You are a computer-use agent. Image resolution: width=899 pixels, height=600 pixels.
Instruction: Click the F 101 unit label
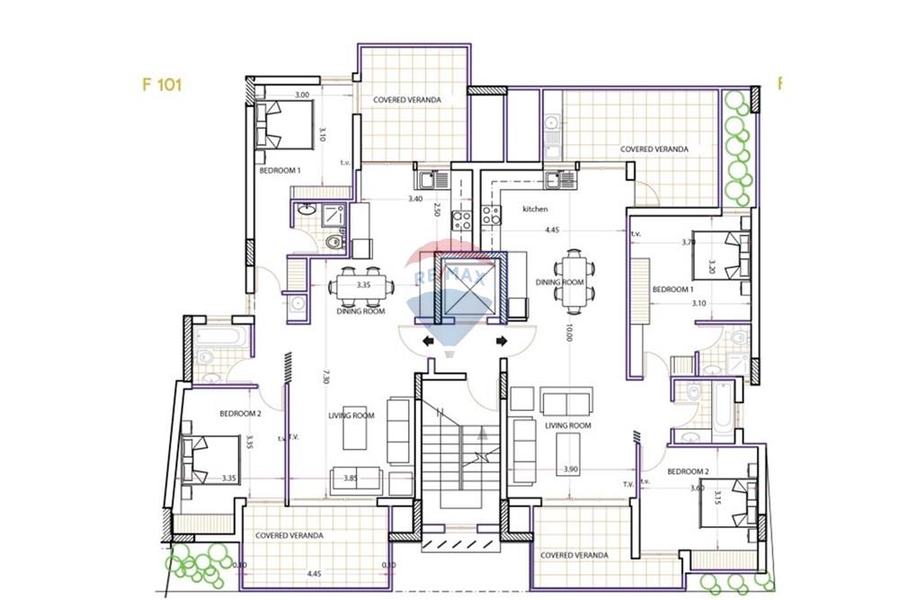[x=162, y=85]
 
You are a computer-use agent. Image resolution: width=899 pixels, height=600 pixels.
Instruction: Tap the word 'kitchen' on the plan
[x=536, y=209]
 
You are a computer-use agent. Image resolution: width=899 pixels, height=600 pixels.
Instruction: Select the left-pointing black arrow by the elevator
[x=427, y=341]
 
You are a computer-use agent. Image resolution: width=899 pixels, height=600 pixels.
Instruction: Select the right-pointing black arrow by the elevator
[x=502, y=341]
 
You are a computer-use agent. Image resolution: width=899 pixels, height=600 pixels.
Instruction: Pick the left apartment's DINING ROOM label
[x=360, y=311]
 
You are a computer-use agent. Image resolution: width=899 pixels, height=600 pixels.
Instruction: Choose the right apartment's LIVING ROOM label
[x=568, y=425]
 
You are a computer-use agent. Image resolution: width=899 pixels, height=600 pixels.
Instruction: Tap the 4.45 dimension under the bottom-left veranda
[x=314, y=573]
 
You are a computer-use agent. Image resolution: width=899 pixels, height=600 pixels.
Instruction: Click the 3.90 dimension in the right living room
[x=570, y=470]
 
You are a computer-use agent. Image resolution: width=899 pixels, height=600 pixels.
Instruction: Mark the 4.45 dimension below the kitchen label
[x=551, y=229]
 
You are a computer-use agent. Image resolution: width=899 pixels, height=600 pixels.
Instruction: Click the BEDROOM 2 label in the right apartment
[x=689, y=471]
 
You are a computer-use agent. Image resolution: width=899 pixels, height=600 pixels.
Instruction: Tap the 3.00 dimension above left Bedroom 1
[x=302, y=94]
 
